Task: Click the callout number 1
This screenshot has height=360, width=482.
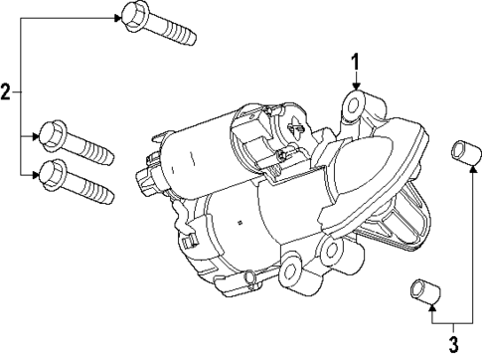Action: [x=354, y=65]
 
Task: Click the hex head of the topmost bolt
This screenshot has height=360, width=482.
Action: [x=131, y=16]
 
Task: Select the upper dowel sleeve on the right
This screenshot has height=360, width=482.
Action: [x=462, y=153]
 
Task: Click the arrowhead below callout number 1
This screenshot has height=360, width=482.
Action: [x=354, y=90]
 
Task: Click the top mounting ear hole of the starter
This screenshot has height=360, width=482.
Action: [x=354, y=104]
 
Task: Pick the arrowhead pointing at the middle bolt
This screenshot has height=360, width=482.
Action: [x=37, y=134]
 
